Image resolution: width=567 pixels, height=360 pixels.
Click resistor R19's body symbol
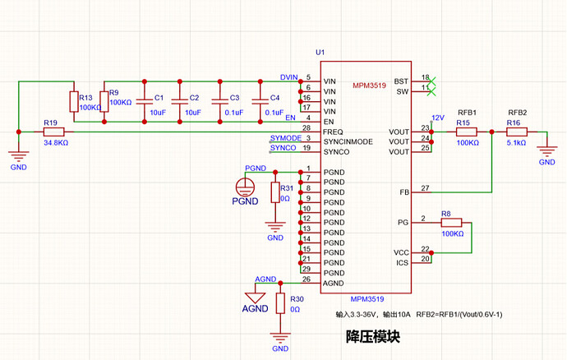54,132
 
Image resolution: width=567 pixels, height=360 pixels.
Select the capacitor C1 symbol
145,102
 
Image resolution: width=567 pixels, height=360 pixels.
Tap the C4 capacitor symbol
260,102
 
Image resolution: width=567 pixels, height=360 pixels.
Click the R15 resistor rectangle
467,132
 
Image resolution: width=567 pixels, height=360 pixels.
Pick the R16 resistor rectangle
517,132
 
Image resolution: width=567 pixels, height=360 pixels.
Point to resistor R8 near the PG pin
451,223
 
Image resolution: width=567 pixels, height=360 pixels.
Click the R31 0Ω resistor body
275,192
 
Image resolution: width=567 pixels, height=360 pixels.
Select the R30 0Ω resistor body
280,303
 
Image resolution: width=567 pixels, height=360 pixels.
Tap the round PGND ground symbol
245,187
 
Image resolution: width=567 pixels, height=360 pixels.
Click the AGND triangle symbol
256,298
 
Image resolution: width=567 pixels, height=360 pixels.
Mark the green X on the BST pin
431,81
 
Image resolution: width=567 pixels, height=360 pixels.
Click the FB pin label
404,192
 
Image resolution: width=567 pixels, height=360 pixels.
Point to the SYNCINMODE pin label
348,142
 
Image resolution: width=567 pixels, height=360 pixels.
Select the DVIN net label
289,77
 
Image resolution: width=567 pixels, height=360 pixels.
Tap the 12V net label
438,118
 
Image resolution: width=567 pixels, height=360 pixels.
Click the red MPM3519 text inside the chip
369,85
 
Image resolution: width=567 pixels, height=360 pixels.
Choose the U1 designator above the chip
320,53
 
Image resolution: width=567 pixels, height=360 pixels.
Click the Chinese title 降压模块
373,336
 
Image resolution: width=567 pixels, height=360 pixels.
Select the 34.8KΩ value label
56,143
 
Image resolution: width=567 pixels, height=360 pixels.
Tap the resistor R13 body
74,102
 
